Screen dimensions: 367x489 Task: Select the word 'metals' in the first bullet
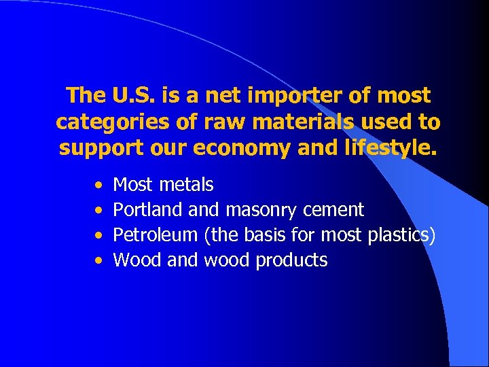pos(187,184)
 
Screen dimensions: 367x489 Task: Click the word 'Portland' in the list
pos(139,210)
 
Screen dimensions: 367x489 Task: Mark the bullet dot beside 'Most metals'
pos(99,185)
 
